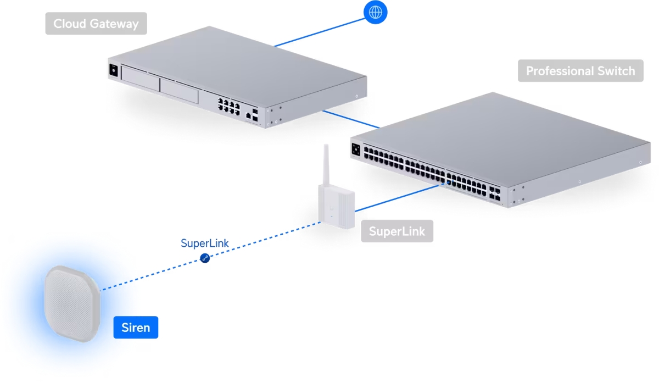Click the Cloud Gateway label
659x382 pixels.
[x=96, y=24]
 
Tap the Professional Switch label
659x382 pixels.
[x=580, y=71]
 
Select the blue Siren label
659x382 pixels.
[x=136, y=328]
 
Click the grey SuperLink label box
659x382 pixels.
[x=396, y=231]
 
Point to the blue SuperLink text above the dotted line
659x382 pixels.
[x=205, y=243]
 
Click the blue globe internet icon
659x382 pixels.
[x=376, y=12]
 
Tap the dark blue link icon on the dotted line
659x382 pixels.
[x=205, y=257]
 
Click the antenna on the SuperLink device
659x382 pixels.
[x=326, y=165]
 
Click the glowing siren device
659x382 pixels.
[x=72, y=303]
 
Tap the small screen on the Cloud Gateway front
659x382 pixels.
[x=114, y=70]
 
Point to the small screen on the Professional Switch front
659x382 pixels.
[x=356, y=148]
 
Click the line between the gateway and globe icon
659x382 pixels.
[x=319, y=31]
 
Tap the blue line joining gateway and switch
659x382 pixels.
[x=351, y=120]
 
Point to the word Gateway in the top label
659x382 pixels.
[x=115, y=24]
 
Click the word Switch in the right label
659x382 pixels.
[x=617, y=71]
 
